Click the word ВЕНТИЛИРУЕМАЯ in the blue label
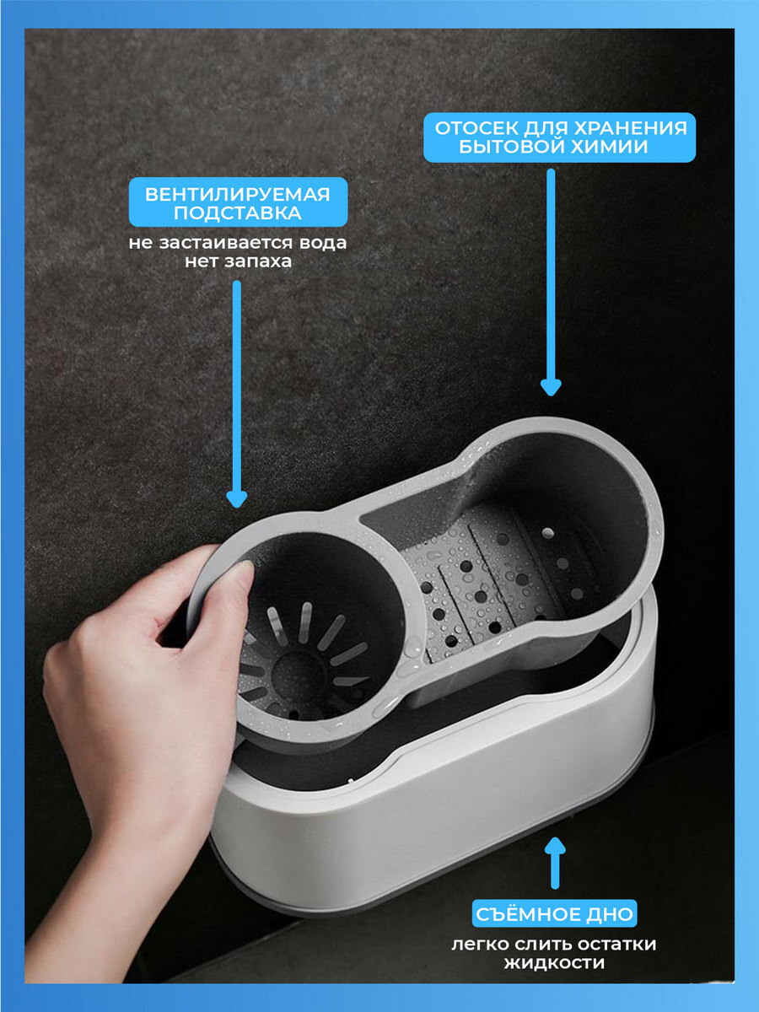(x=237, y=194)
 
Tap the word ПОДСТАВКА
(x=238, y=213)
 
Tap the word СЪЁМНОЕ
(x=523, y=914)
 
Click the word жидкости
(x=554, y=963)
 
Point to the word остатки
(x=616, y=945)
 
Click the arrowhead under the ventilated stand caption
(x=237, y=500)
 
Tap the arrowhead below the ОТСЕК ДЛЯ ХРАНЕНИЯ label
(x=551, y=387)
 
